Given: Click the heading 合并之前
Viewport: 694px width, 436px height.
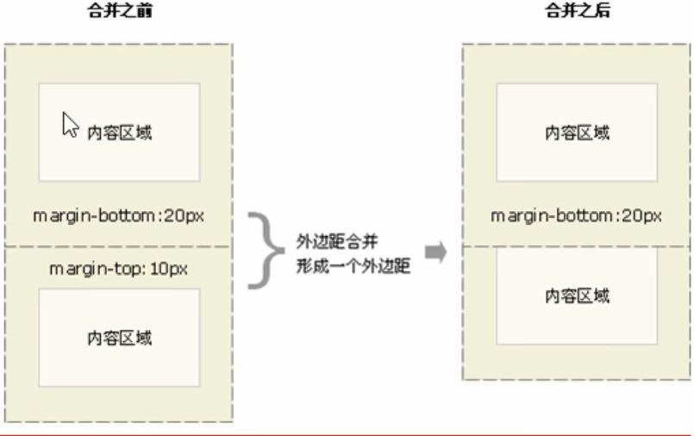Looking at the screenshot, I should [x=120, y=12].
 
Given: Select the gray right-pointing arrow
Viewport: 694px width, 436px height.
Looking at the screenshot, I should [x=437, y=252].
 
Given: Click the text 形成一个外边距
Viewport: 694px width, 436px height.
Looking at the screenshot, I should [x=353, y=267].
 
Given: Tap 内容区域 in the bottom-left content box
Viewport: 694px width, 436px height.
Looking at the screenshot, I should [x=120, y=338].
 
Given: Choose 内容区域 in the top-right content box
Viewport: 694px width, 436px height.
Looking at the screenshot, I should [x=577, y=133].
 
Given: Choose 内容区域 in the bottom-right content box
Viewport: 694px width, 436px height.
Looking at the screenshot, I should [x=577, y=296].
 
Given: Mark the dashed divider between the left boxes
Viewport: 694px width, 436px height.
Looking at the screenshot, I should [x=119, y=246].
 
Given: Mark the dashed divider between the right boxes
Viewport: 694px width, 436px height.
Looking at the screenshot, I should [x=576, y=246].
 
